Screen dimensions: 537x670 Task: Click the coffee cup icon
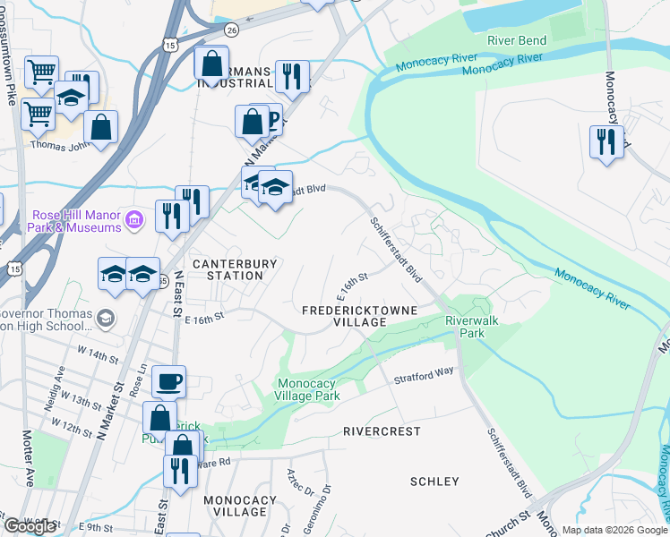(168, 382)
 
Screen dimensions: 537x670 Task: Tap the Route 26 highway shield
(231, 30)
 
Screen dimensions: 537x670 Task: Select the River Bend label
(516, 41)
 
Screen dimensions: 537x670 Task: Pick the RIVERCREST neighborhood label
(382, 430)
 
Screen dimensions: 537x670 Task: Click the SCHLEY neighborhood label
(434, 482)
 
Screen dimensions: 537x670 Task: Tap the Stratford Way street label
(424, 374)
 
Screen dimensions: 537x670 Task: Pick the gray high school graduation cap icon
(106, 318)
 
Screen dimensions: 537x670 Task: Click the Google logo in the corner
(30, 526)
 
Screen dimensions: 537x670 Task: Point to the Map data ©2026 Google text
(614, 530)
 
